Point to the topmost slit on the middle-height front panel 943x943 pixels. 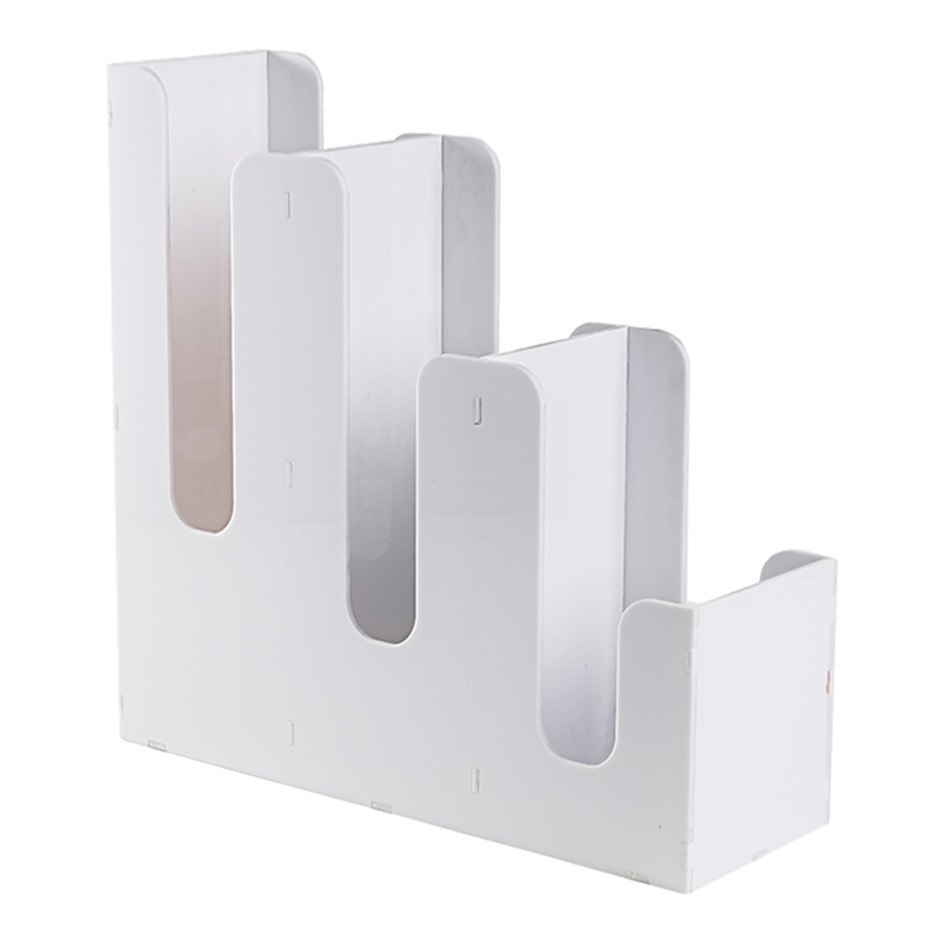click(289, 200)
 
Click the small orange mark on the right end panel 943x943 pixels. click(827, 676)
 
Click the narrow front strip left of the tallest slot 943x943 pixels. click(126, 377)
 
